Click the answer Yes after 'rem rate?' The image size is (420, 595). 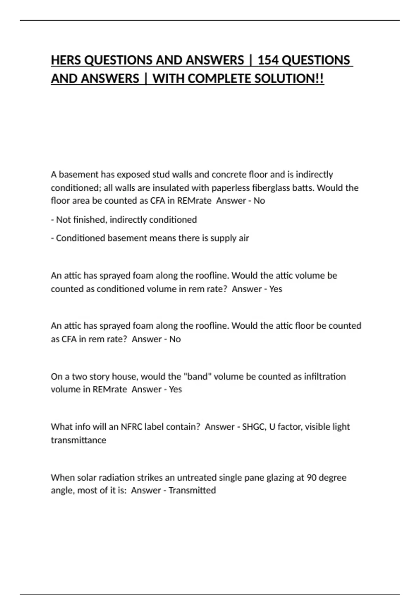click(x=275, y=289)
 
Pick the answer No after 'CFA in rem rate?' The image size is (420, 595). click(x=175, y=339)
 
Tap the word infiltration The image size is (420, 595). click(x=325, y=377)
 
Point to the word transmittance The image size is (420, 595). click(x=78, y=440)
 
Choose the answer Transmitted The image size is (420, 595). click(x=192, y=490)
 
